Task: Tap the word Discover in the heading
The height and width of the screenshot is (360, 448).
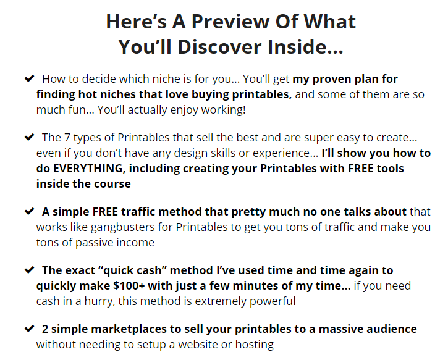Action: [219, 47]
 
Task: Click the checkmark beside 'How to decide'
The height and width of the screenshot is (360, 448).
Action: [30, 78]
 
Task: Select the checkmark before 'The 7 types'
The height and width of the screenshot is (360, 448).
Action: [30, 137]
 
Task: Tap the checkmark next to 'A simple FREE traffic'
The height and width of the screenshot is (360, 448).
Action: [30, 211]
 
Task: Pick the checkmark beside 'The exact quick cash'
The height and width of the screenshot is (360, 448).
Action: [30, 270]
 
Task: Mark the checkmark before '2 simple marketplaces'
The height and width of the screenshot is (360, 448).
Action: [30, 329]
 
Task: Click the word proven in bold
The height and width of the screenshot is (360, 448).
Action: [332, 80]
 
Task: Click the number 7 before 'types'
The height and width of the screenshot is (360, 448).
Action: [67, 138]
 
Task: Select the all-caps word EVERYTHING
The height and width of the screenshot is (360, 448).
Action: [88, 169]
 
